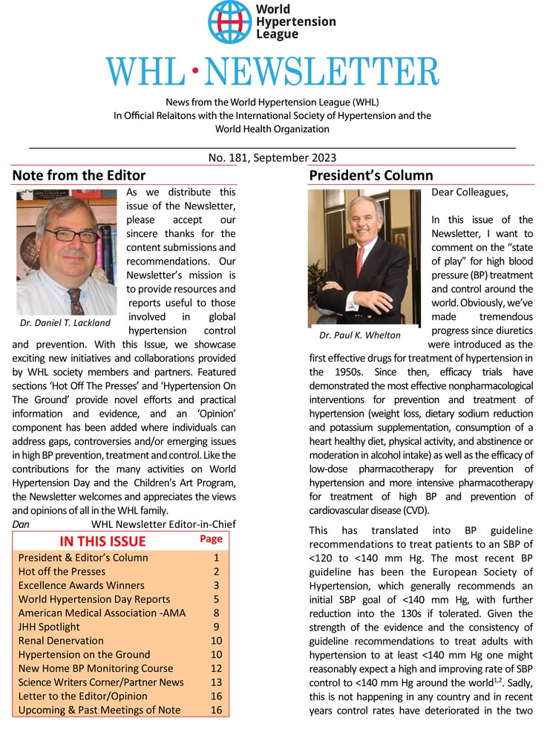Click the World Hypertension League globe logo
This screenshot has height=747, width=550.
[x=230, y=22]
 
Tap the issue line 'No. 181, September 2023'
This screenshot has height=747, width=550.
[x=272, y=157]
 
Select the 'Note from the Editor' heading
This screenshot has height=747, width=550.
[x=79, y=176]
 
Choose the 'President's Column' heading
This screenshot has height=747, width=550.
[x=370, y=176]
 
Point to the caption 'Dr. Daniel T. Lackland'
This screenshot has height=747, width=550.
[x=65, y=323]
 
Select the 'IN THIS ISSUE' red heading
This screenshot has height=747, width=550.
[x=102, y=541]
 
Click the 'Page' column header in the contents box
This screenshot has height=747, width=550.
[x=212, y=539]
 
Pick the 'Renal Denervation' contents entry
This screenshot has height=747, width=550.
[x=61, y=640]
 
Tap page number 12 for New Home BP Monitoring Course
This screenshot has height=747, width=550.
[x=216, y=668]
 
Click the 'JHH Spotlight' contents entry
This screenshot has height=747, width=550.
[x=52, y=627]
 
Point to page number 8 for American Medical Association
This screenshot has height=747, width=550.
[x=216, y=613]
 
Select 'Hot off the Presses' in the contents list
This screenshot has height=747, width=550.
[x=62, y=571]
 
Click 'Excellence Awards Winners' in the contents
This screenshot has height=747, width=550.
[x=81, y=585]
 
